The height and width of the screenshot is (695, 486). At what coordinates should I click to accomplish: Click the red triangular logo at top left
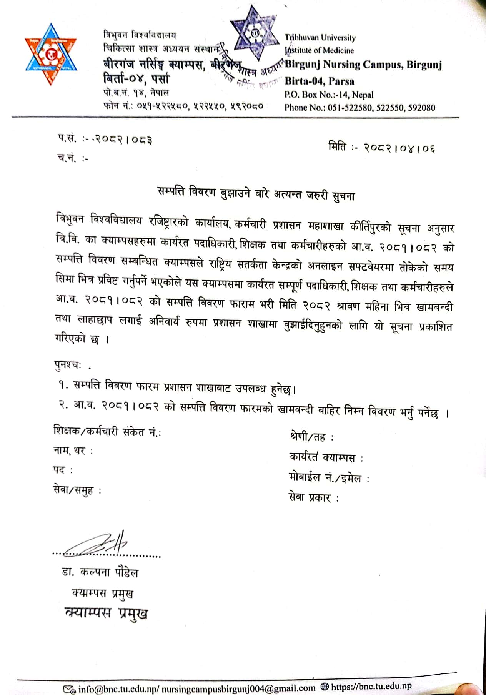point(50,55)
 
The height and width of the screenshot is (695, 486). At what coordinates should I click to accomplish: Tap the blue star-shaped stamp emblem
point(255,33)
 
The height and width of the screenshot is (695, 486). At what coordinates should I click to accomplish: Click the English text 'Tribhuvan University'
point(320,37)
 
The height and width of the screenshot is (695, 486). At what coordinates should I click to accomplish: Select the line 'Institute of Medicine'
point(320,50)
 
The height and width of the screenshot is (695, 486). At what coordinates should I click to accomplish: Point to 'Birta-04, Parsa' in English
point(319,81)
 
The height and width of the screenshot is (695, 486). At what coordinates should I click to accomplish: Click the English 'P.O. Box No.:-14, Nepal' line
point(329,95)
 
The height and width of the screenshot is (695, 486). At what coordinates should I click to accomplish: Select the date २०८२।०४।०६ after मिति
point(400,148)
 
